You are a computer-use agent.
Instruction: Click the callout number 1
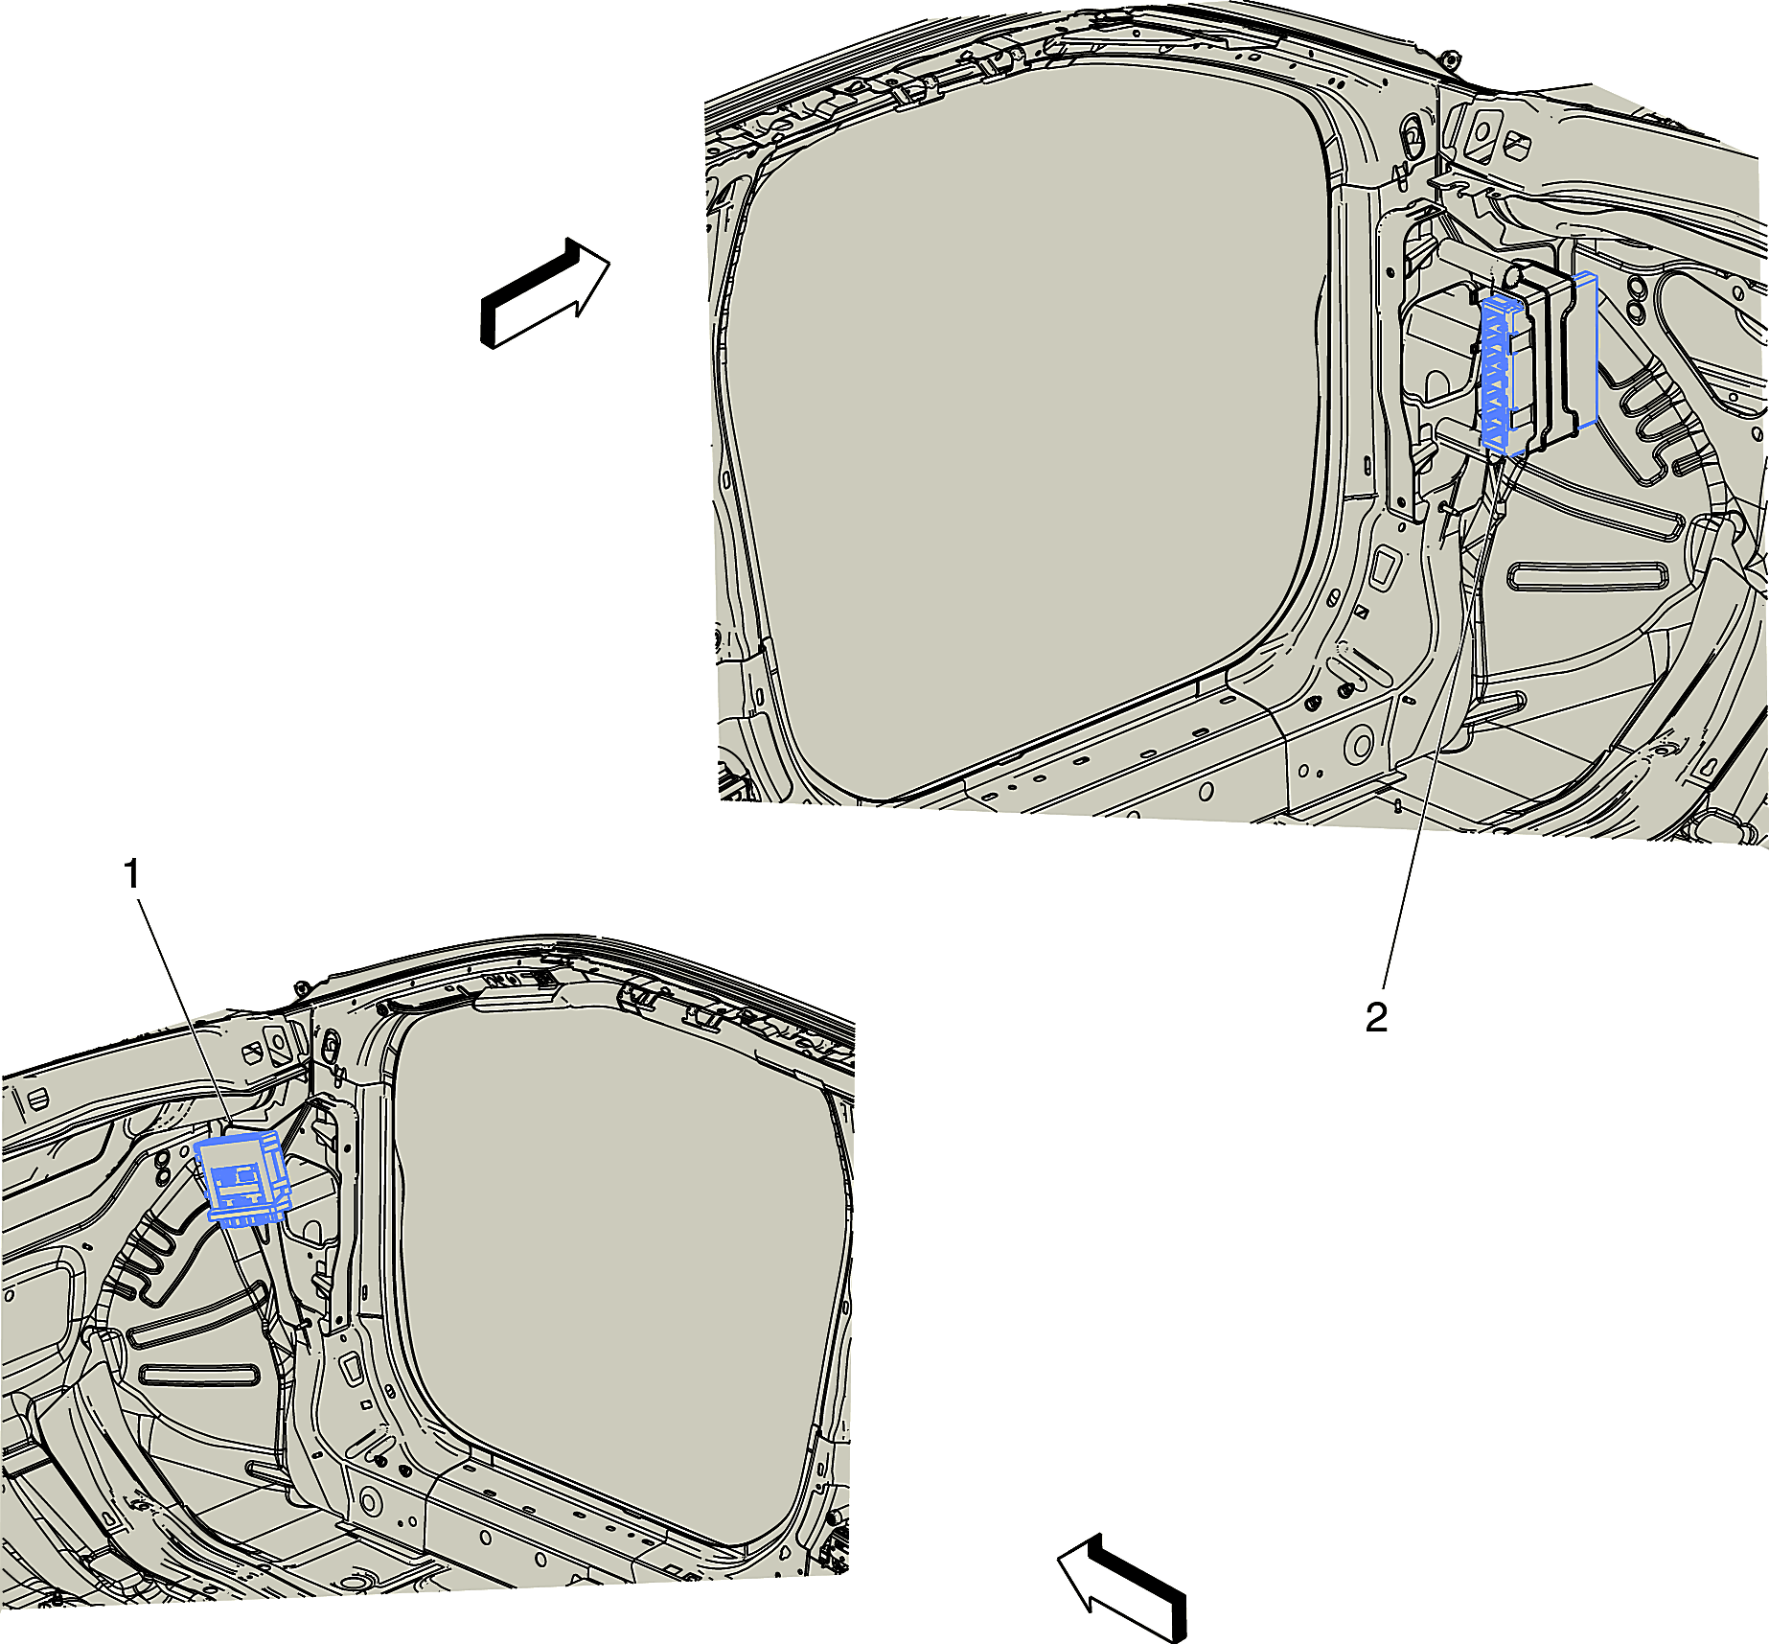[133, 874]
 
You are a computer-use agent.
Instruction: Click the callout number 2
[1376, 1018]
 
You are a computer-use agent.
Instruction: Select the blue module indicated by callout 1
[242, 1178]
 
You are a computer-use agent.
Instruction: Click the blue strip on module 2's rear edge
[1586, 349]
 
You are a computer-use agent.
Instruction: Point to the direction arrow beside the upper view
[544, 292]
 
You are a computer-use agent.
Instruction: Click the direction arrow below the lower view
[1122, 1586]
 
